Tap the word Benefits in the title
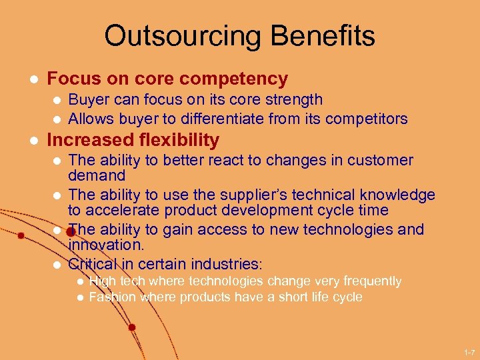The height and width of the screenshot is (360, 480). point(324,36)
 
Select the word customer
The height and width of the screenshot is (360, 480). point(380,161)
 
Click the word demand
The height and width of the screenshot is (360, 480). point(97,176)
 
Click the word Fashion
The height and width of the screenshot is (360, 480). point(112,297)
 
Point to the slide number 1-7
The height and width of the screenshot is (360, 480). point(469,351)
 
